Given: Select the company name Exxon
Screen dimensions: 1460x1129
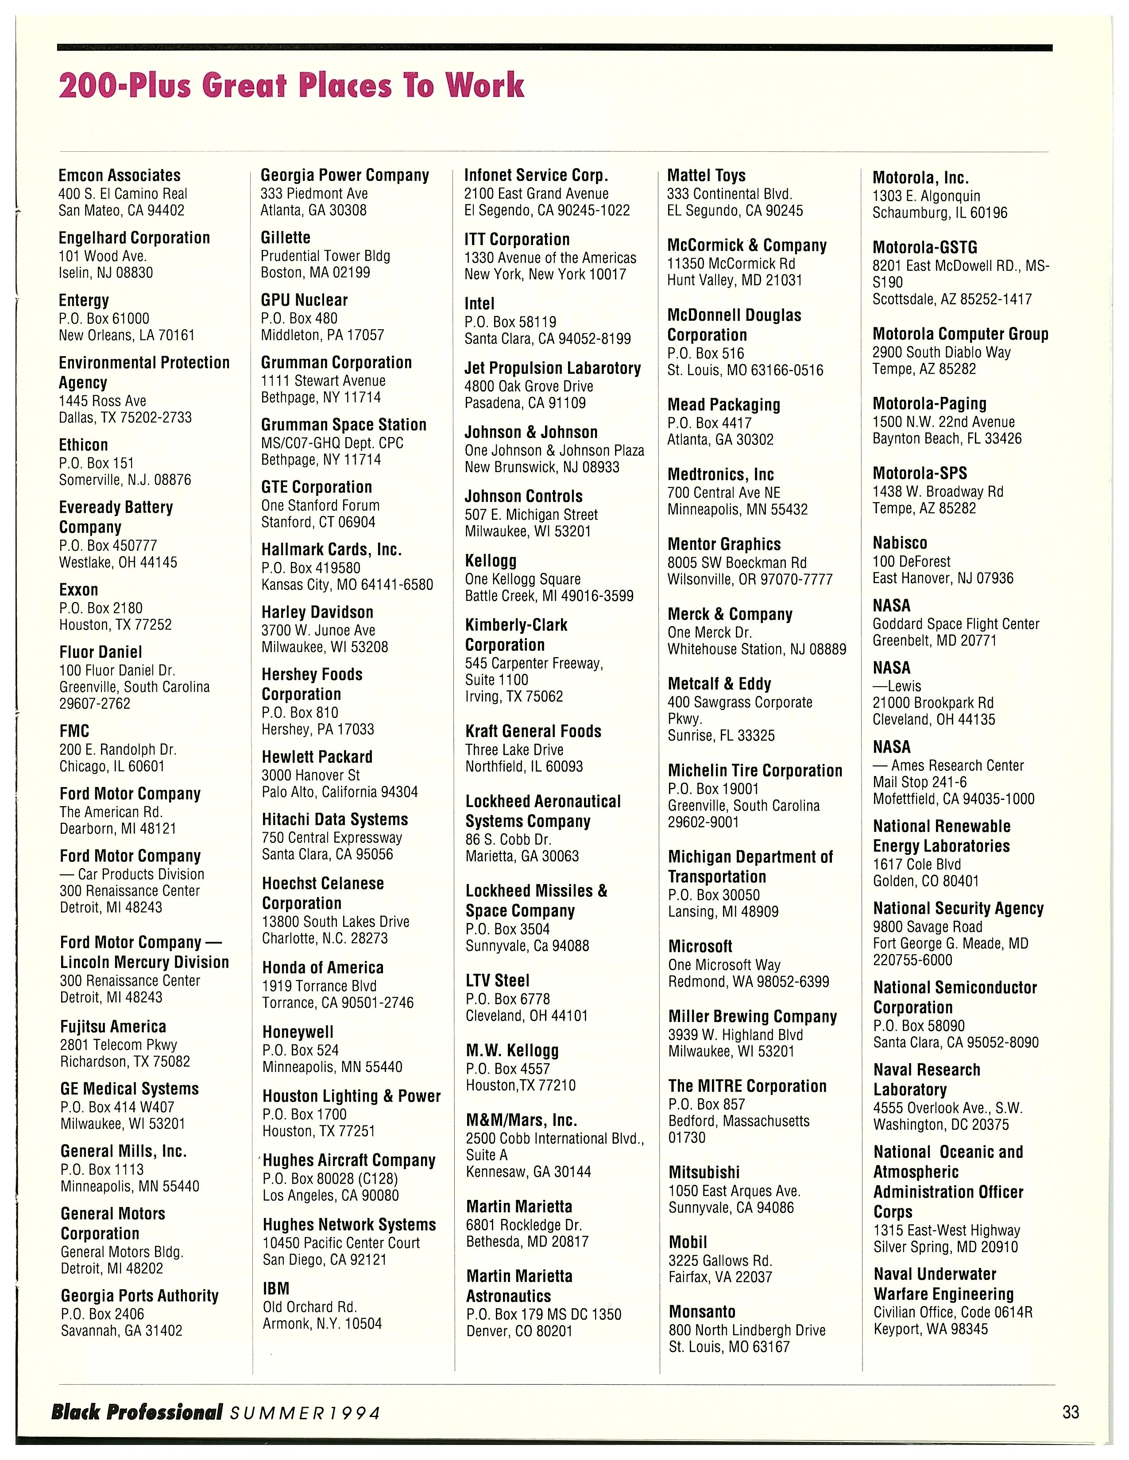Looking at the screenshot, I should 79,590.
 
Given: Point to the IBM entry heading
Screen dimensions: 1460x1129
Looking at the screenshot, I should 275,1288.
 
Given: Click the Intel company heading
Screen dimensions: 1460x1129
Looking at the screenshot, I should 479,304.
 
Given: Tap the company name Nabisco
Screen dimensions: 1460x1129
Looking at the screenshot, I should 900,543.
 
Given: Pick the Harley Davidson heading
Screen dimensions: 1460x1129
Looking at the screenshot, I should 317,612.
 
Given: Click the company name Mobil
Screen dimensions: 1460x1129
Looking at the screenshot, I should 688,1242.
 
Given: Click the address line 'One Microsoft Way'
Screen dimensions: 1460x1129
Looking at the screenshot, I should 724,964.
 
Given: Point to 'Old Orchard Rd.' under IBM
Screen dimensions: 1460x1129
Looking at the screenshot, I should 309,1307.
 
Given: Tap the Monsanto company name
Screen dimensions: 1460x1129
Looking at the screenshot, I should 702,1312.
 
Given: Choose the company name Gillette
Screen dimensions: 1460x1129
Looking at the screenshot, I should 286,237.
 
